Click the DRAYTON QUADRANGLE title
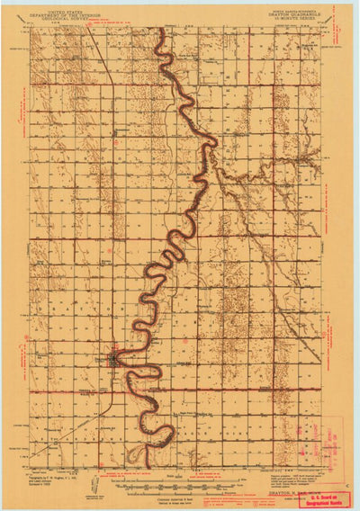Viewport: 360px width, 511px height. tap(292, 12)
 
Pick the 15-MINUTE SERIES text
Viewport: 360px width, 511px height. tap(292, 16)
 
